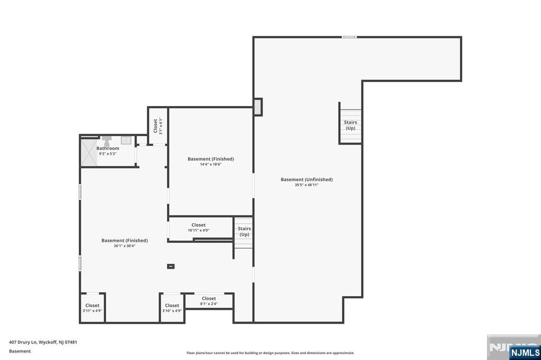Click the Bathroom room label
click(x=108, y=148)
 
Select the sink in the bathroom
click(x=126, y=140)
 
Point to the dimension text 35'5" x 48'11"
click(x=306, y=185)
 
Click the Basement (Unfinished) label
click(x=306, y=179)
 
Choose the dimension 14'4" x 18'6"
click(x=210, y=164)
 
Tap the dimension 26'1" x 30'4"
click(x=124, y=246)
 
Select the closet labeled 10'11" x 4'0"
click(x=199, y=228)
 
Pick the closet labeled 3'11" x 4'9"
click(x=92, y=308)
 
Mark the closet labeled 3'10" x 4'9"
click(x=172, y=308)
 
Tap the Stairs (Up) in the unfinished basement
click(x=350, y=126)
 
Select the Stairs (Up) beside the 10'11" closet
click(x=244, y=232)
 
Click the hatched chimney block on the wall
click(x=258, y=107)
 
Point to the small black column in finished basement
click(x=171, y=267)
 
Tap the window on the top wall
click(x=349, y=37)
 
